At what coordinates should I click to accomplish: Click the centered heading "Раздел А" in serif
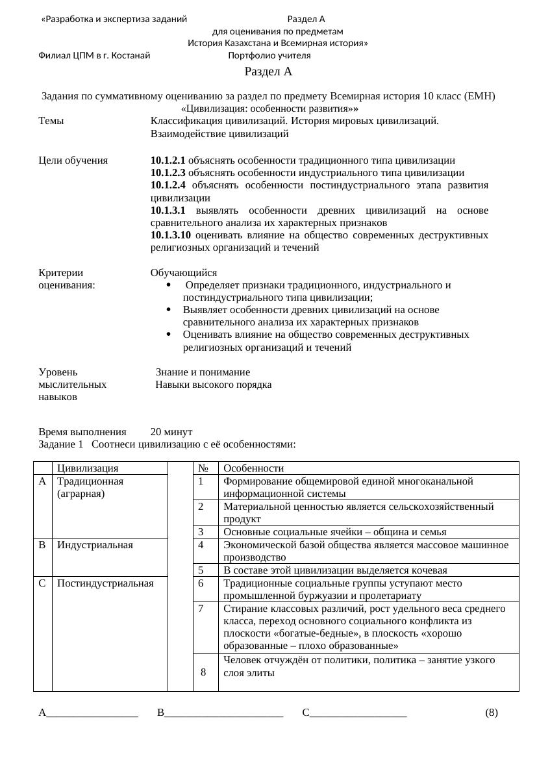pyautogui.click(x=269, y=72)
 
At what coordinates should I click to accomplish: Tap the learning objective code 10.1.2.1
pyautogui.click(x=168, y=160)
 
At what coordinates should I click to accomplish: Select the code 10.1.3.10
pyautogui.click(x=170, y=235)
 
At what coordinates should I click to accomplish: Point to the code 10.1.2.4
pyautogui.click(x=168, y=186)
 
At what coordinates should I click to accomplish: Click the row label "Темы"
pyautogui.click(x=51, y=121)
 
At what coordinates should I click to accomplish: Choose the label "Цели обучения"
pyautogui.click(x=73, y=160)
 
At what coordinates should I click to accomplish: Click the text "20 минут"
pyautogui.click(x=171, y=432)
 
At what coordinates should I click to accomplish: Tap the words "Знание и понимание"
pyautogui.click(x=203, y=372)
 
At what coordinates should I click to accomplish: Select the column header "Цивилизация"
pyautogui.click(x=87, y=468)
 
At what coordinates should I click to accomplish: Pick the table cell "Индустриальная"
pyautogui.click(x=95, y=545)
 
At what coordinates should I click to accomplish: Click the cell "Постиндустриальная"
pyautogui.click(x=105, y=583)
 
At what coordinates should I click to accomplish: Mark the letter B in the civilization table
pyautogui.click(x=42, y=545)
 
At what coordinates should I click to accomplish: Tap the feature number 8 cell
pyautogui.click(x=204, y=672)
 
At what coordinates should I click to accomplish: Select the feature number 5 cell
pyautogui.click(x=201, y=570)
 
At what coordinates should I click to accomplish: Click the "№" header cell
pyautogui.click(x=203, y=468)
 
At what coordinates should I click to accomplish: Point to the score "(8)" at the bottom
pyautogui.click(x=492, y=713)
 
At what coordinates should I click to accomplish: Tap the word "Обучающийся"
pyautogui.click(x=184, y=273)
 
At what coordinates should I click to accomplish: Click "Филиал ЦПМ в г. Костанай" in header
pyautogui.click(x=94, y=56)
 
